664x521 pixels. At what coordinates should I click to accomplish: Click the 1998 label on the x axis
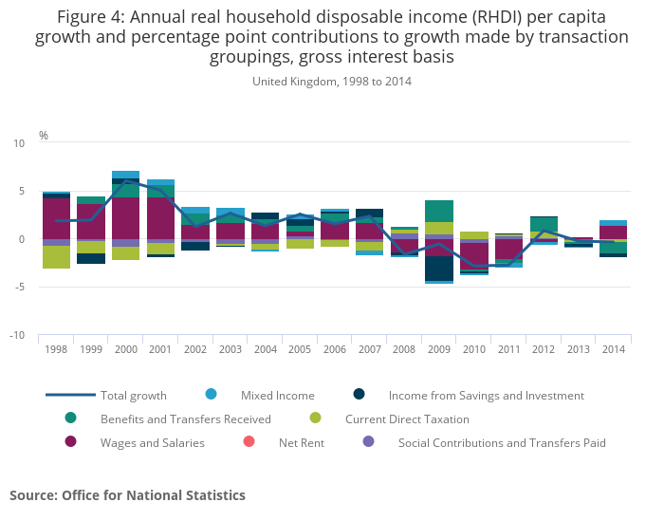point(55,350)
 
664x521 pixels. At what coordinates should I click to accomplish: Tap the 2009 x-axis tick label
point(438,350)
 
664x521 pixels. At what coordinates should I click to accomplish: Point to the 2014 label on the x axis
point(612,350)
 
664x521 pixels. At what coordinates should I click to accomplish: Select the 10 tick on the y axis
point(19,143)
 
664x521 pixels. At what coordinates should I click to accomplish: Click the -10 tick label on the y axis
point(18,336)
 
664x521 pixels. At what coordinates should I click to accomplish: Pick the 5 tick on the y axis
point(21,192)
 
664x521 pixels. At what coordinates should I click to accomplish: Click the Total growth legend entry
point(134,396)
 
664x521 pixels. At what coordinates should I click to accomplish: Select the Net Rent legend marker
point(249,442)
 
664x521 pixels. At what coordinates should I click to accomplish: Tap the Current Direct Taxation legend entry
point(407,419)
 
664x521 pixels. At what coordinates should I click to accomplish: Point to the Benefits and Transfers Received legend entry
point(186,419)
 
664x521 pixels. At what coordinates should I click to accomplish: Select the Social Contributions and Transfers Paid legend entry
point(502,442)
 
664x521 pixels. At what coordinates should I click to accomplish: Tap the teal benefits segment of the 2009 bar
point(438,211)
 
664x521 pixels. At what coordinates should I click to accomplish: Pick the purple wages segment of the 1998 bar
point(55,218)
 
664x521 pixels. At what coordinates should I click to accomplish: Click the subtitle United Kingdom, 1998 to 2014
point(331,82)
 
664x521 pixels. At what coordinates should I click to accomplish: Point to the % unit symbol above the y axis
point(44,136)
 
